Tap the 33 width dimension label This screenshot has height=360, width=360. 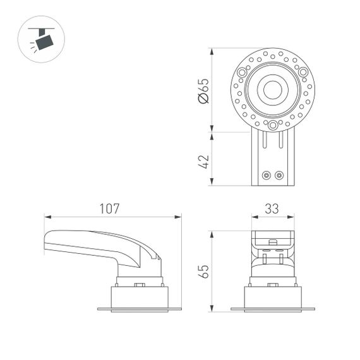tap(272, 208)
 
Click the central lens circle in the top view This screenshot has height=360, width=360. tap(272, 90)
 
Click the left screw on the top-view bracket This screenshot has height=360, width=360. tap(267, 175)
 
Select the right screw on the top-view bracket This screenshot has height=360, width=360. tap(279, 175)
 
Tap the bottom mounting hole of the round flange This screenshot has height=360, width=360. tap(272, 125)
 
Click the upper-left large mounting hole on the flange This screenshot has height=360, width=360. tap(243, 73)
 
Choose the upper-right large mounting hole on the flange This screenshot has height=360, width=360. tap(303, 73)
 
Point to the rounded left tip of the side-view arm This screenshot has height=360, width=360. tap(46, 241)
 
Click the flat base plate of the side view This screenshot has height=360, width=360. tap(139, 309)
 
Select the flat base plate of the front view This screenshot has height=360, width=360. tap(272, 309)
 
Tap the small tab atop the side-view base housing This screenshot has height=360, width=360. tap(140, 284)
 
